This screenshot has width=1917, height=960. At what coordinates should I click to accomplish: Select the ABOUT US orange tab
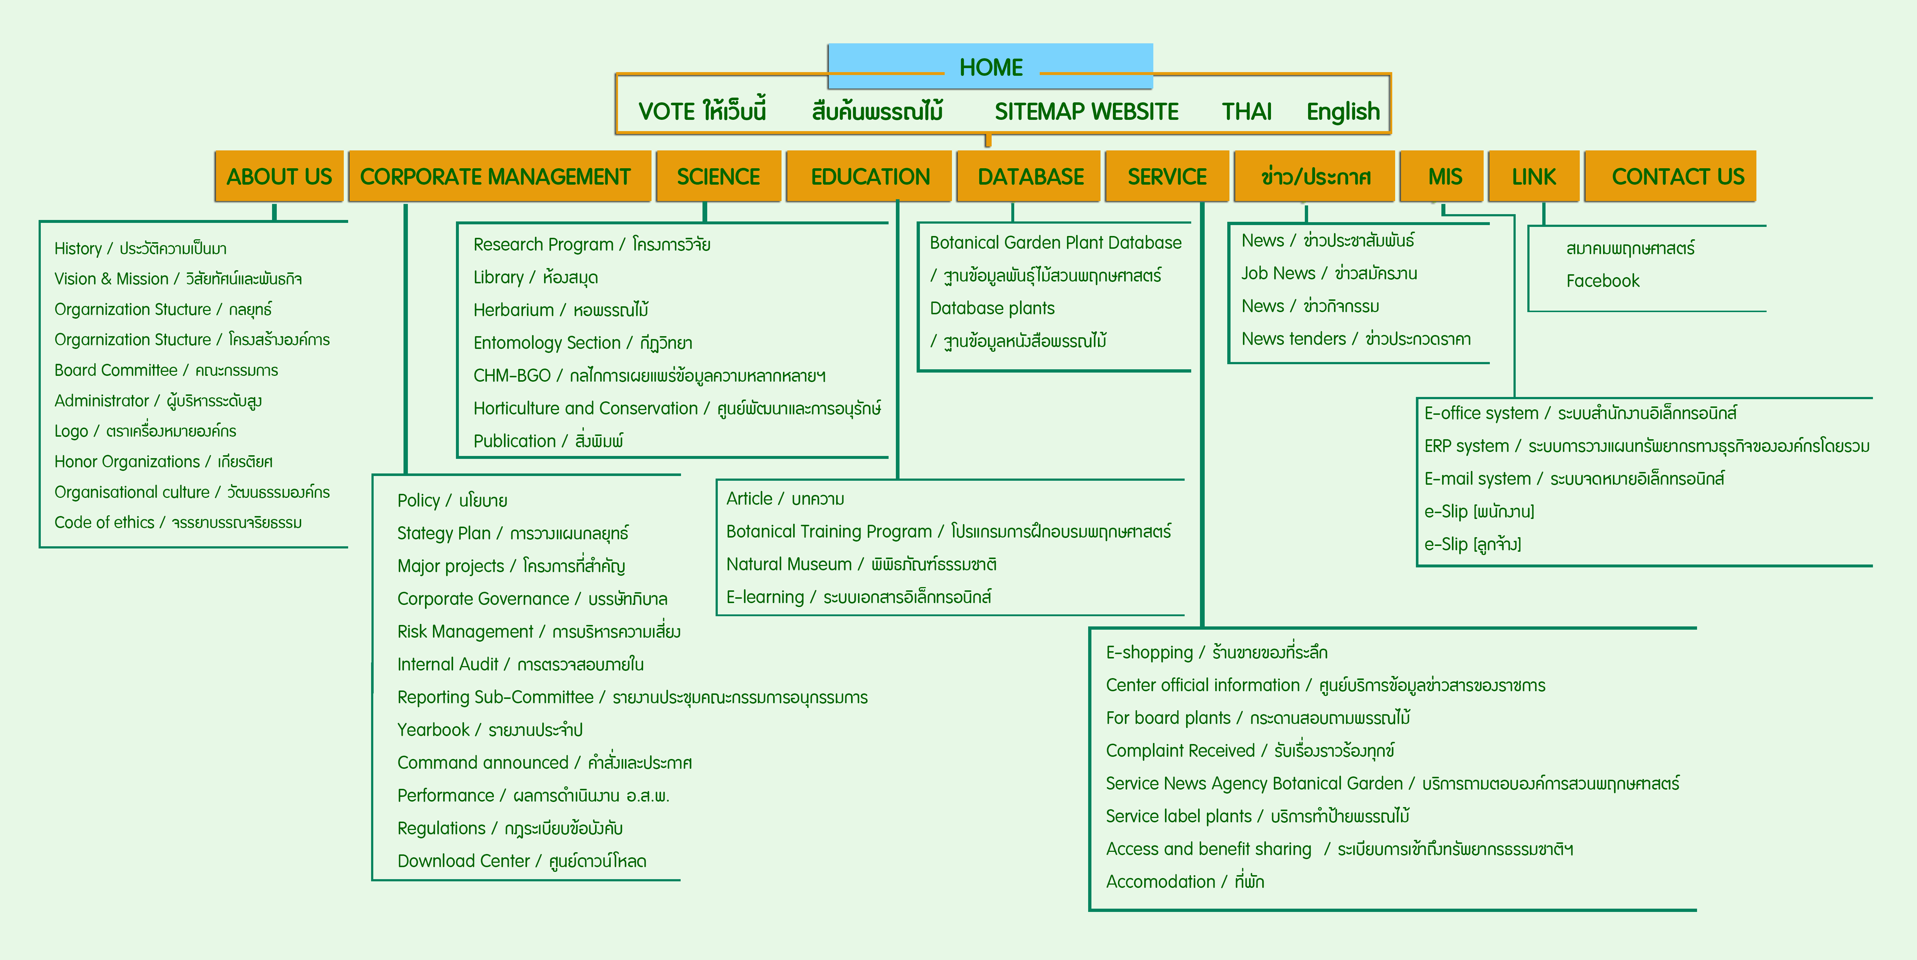coord(279,176)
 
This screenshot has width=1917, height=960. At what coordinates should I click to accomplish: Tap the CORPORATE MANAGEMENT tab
coord(496,176)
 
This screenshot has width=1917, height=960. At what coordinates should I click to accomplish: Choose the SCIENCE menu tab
coord(718,176)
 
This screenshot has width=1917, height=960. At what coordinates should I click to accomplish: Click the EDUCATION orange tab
coord(870,176)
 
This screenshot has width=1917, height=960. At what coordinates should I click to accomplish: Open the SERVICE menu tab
coord(1167,176)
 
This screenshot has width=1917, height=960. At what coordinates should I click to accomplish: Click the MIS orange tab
coord(1444,176)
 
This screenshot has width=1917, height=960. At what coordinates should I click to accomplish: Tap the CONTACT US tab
coord(1677,176)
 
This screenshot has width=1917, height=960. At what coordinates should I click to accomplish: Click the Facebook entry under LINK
coord(1602,280)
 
